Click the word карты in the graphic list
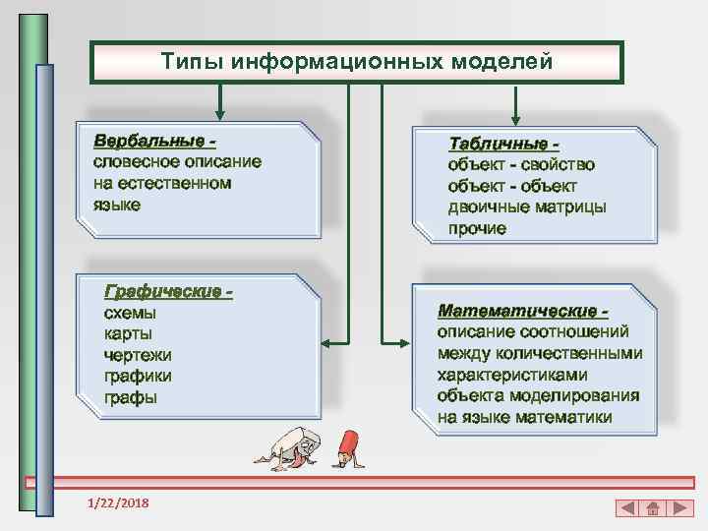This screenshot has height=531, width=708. click(x=126, y=334)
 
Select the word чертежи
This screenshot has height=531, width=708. click(x=138, y=355)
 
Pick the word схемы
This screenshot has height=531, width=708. click(x=130, y=314)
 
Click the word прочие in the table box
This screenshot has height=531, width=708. click(x=478, y=228)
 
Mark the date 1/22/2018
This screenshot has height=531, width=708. click(x=117, y=503)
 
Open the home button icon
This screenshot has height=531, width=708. click(x=651, y=508)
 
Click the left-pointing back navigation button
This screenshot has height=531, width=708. click(x=627, y=508)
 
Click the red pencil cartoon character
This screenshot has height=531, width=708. click(x=346, y=447)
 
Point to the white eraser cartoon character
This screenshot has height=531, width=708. click(x=291, y=447)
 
